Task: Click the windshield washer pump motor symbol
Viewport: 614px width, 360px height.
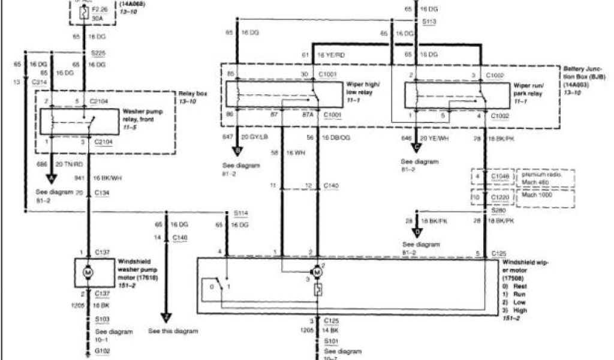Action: tap(88, 273)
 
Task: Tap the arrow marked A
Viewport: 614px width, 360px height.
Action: tap(51, 178)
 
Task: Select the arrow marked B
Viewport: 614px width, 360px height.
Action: tap(239, 151)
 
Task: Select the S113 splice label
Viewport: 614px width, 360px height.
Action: tap(428, 22)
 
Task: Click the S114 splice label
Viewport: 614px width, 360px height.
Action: tap(240, 213)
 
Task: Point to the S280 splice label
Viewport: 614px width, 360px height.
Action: tap(498, 211)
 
